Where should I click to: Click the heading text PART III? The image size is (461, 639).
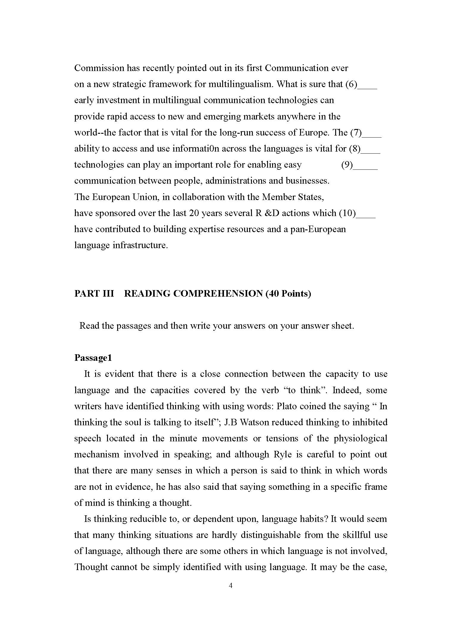(94, 294)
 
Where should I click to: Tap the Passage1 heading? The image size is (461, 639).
(93, 358)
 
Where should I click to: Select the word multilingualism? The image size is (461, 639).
(240, 84)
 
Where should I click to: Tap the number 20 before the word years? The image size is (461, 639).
(194, 213)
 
